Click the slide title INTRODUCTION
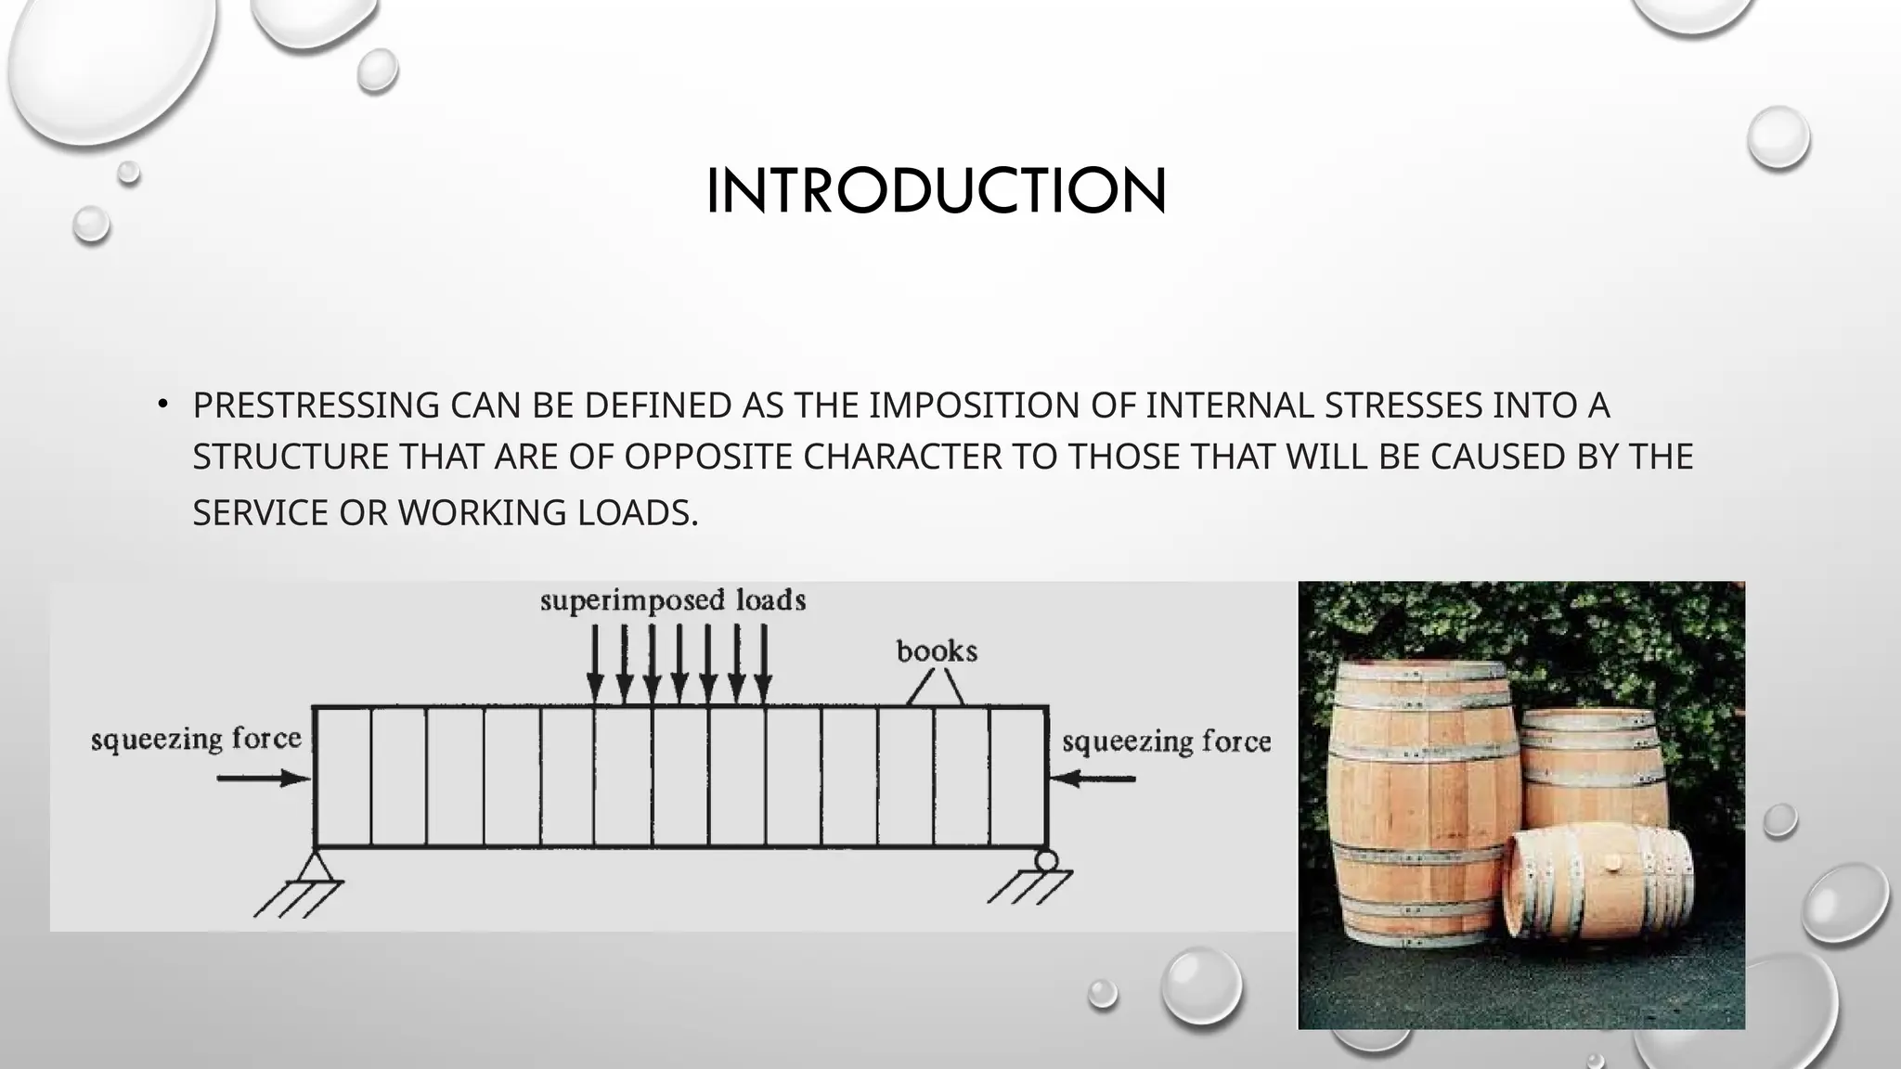[x=936, y=191]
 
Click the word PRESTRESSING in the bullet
[x=316, y=406]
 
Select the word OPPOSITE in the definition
[x=708, y=457]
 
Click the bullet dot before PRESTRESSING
[x=162, y=404]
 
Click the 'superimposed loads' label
[x=673, y=601]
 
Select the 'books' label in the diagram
[x=937, y=652]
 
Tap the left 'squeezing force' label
[x=196, y=740]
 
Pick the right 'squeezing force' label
[x=1166, y=742]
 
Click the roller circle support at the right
[x=1046, y=860]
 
